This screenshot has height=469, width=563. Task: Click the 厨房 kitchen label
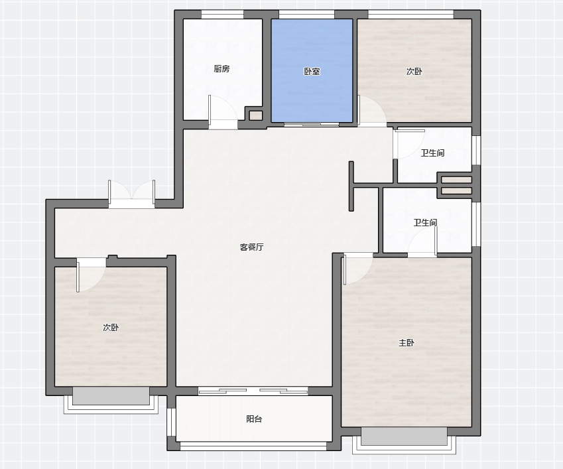tap(221, 68)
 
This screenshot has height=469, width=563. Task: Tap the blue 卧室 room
tap(312, 70)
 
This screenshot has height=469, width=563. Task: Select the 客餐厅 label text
tap(252, 247)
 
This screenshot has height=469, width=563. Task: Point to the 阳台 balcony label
tap(254, 419)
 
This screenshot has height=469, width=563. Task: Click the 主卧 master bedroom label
tap(407, 343)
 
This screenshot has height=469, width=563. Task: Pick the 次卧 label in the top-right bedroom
tap(414, 72)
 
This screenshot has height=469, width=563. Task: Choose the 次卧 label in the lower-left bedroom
tap(111, 328)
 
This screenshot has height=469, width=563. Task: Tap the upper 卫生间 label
tap(432, 153)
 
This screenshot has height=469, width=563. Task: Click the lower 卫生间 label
tap(426, 223)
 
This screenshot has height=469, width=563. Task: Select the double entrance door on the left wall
tap(132, 194)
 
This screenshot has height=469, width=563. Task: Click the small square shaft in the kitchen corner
tap(256, 115)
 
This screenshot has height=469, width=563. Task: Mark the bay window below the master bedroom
tap(404, 440)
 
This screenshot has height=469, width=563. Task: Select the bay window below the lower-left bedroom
tap(111, 400)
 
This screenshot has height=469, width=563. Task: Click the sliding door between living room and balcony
tap(253, 391)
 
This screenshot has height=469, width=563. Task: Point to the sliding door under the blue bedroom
tap(312, 125)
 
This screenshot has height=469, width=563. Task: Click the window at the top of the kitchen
tap(222, 15)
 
